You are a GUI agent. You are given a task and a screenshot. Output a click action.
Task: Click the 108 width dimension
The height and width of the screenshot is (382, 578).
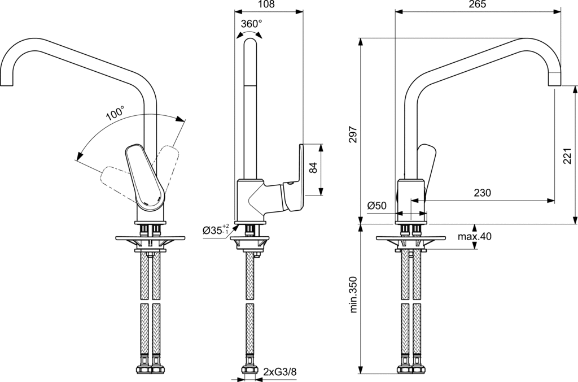[266, 5]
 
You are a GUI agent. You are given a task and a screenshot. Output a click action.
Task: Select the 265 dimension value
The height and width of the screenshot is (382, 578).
[478, 5]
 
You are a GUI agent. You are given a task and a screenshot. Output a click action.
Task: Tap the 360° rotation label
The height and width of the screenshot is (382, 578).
[251, 24]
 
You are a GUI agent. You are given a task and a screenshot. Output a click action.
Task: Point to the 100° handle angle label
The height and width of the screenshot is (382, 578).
[115, 112]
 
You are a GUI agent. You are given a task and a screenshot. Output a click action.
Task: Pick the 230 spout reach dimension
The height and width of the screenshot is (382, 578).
[482, 193]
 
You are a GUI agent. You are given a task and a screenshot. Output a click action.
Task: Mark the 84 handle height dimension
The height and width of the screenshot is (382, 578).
[314, 167]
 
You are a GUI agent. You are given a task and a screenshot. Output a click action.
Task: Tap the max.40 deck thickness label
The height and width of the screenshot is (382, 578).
[474, 236]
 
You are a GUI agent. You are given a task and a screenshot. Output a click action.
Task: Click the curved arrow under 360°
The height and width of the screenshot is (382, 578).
[251, 35]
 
